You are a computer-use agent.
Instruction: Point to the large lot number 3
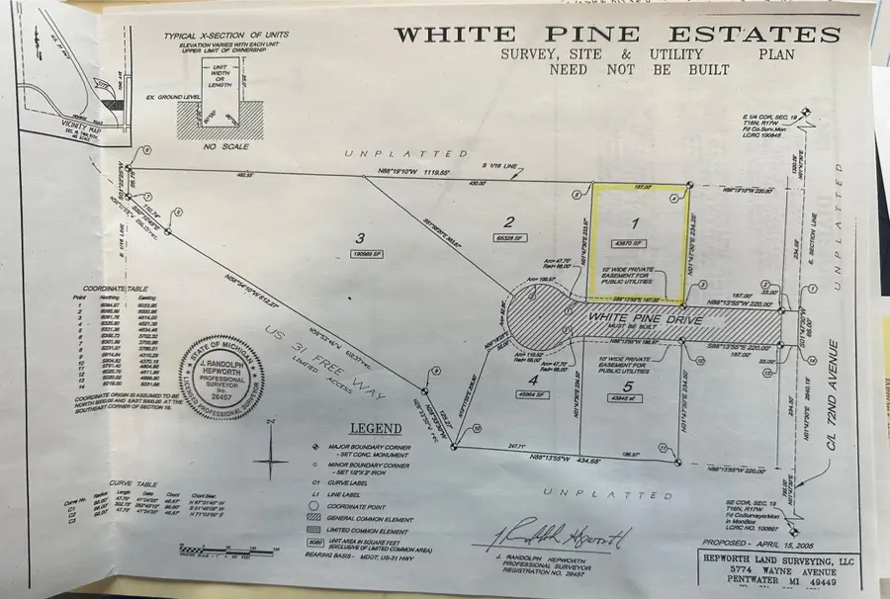(x=361, y=237)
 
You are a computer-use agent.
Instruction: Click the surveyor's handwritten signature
(x=560, y=539)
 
